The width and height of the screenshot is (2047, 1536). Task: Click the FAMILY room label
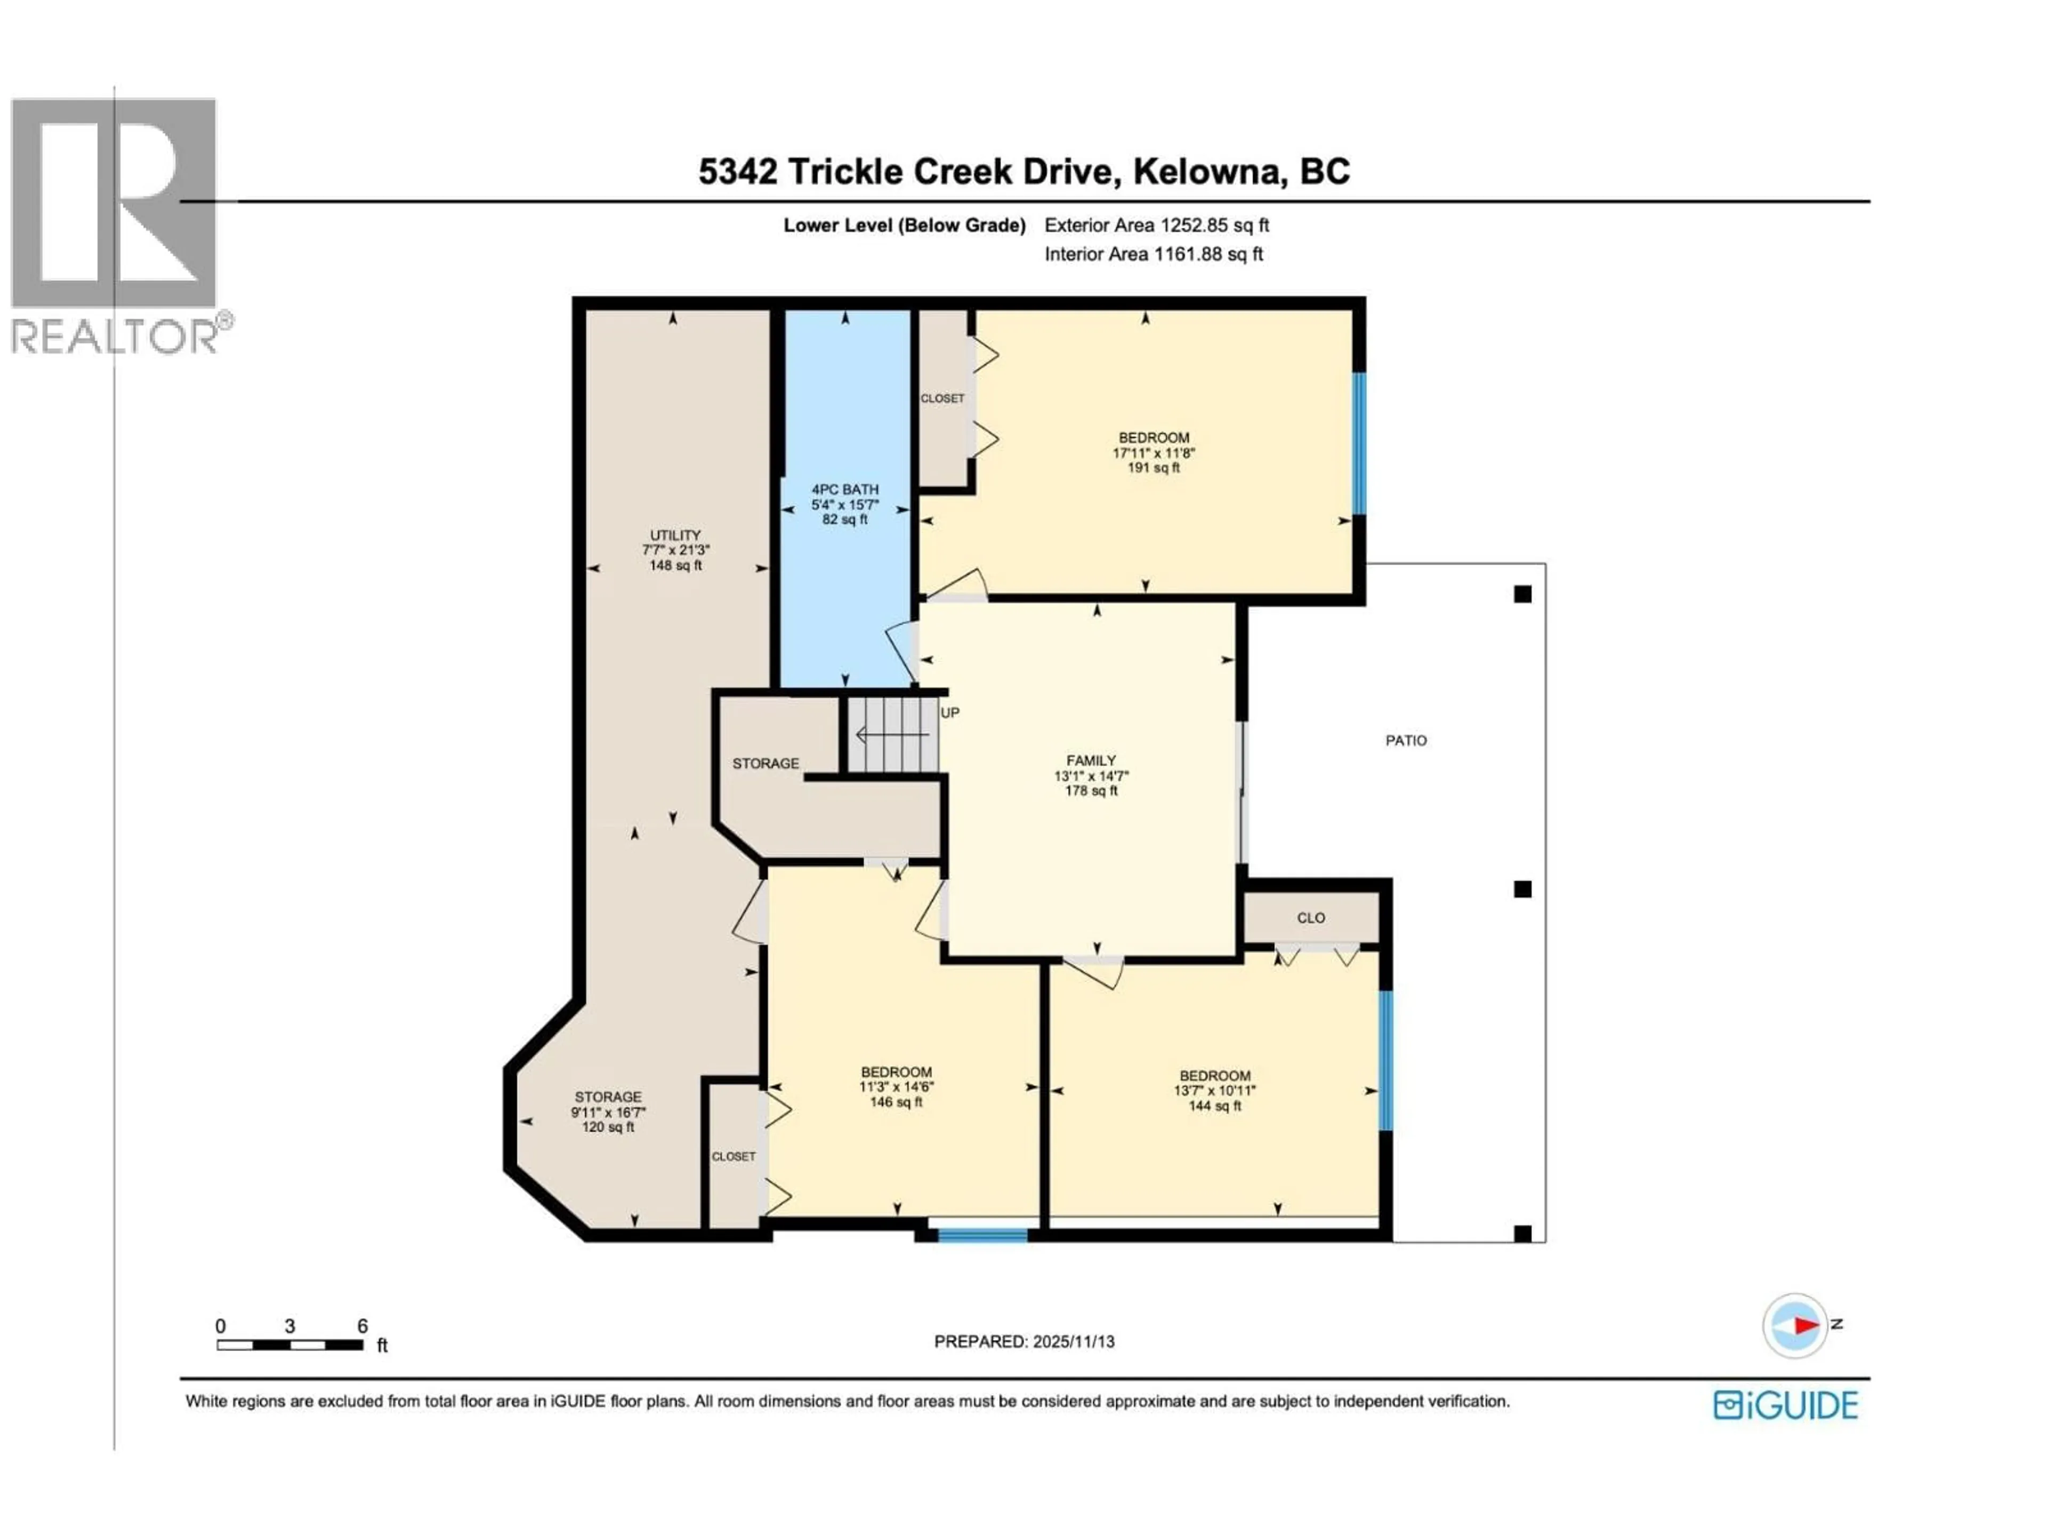point(1091,760)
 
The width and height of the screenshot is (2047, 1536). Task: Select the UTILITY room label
point(675,535)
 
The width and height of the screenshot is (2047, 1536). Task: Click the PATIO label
point(1406,741)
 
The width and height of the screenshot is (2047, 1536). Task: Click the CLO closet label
point(1310,917)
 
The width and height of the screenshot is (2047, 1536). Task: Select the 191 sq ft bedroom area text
point(1153,468)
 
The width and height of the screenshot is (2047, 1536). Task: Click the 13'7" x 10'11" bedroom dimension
point(1214,1091)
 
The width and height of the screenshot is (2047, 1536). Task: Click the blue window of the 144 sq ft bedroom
point(1385,1061)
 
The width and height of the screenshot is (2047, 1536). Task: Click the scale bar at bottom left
point(289,1345)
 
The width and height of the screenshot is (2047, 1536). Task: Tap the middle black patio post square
point(1522,889)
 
